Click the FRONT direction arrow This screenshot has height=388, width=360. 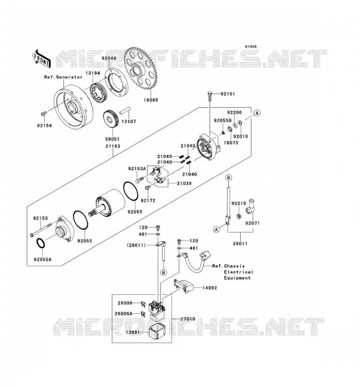41,59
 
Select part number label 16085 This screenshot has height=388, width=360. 151,100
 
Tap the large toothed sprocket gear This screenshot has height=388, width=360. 141,68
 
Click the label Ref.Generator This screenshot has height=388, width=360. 64,77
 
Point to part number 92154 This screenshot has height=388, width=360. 45,126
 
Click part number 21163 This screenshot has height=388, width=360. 113,146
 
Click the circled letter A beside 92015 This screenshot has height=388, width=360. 257,113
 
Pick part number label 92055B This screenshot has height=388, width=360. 223,120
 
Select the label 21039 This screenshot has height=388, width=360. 184,183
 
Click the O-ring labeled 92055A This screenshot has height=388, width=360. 41,243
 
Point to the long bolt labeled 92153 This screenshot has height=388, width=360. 41,230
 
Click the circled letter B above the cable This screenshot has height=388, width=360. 229,178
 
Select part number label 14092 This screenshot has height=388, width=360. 210,288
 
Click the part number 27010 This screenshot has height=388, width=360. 188,319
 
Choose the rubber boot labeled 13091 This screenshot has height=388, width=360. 156,332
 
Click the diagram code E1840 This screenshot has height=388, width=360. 251,47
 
